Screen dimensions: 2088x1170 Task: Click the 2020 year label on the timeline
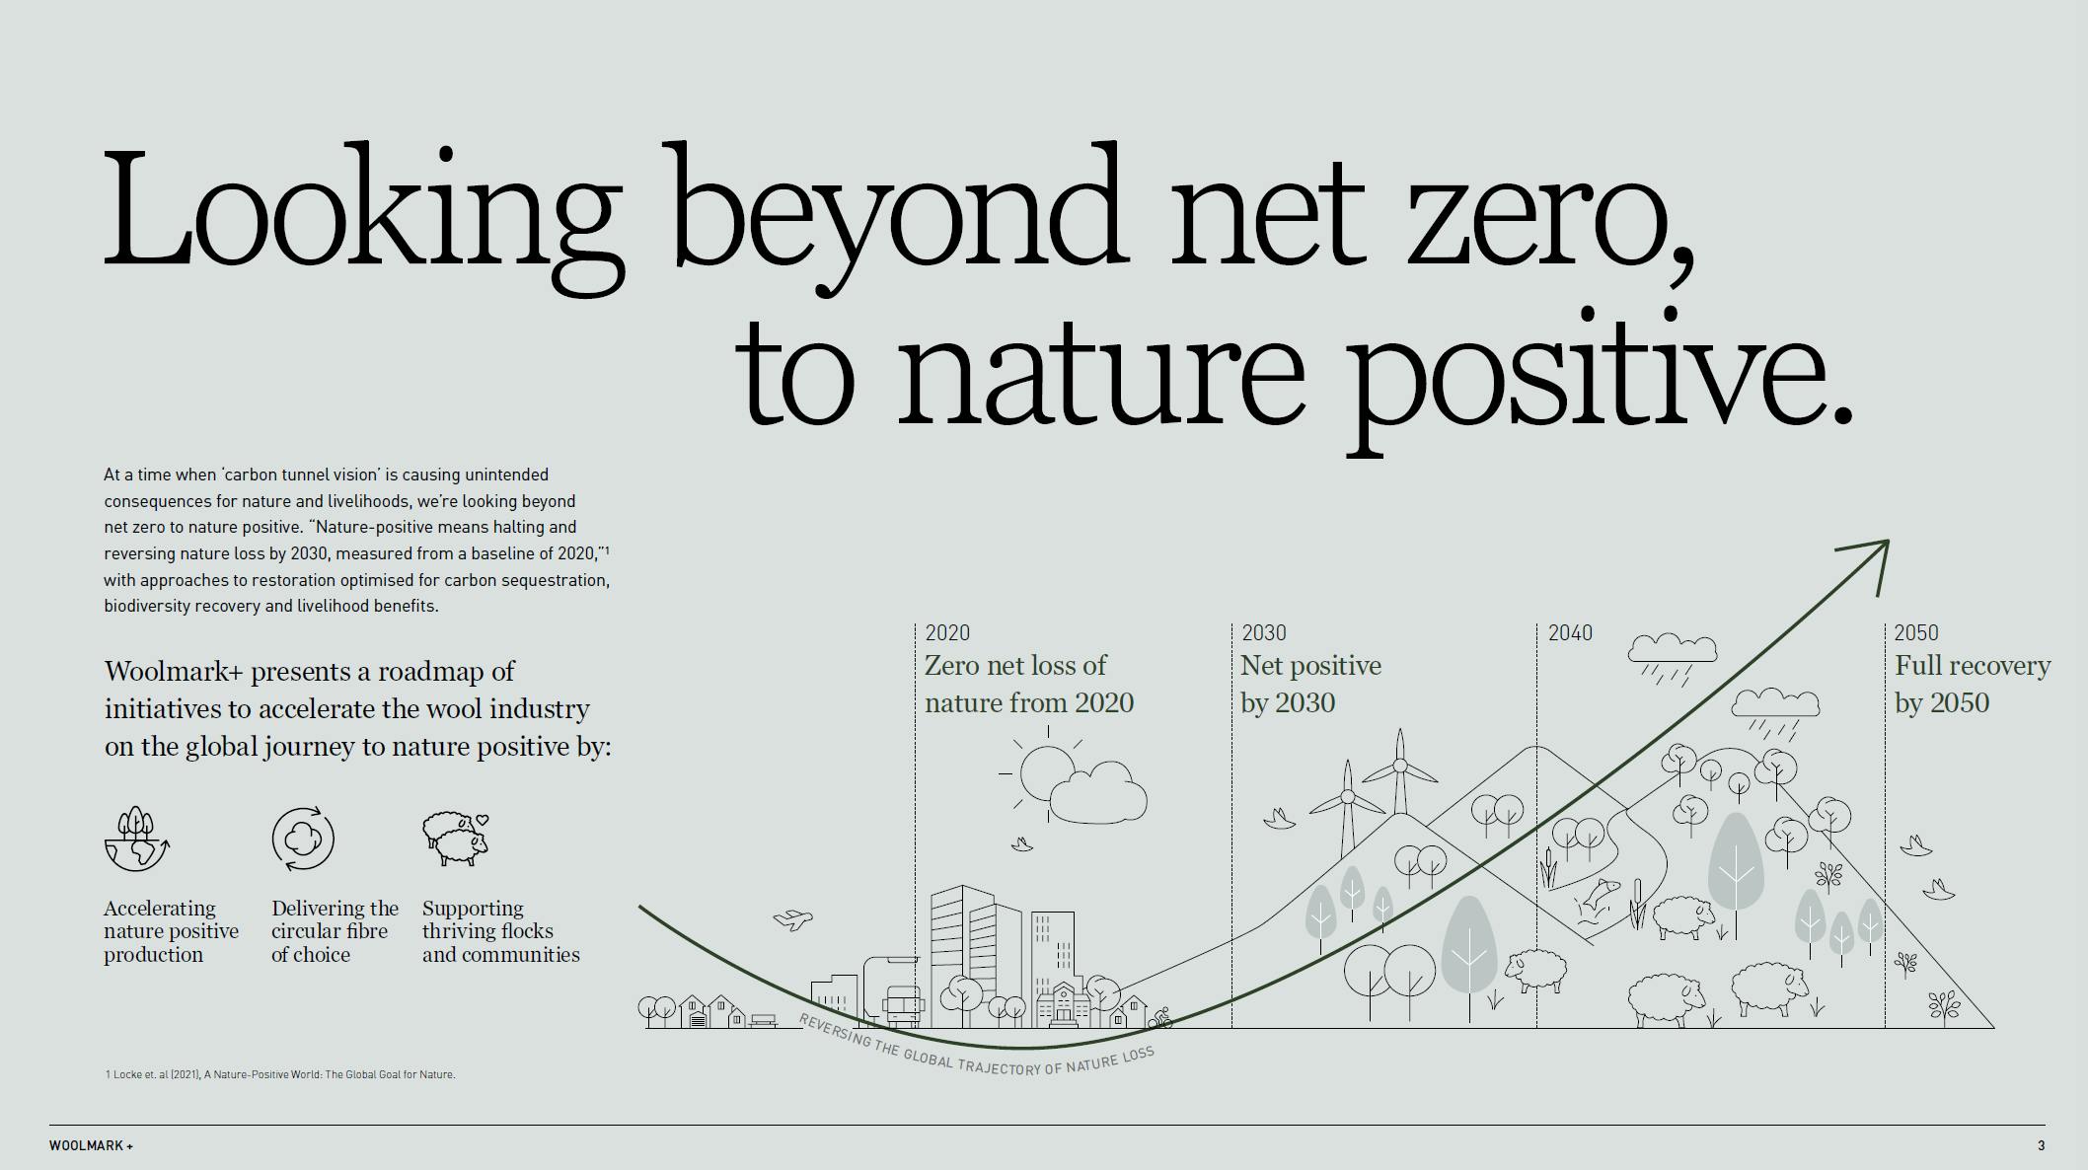[x=947, y=632]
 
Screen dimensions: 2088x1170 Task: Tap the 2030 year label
[x=1264, y=632]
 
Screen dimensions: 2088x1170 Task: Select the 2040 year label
[x=1570, y=632]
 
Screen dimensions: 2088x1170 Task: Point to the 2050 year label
[x=1916, y=632]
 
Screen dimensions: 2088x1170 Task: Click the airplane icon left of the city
[x=792, y=920]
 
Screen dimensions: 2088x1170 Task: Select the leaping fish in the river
[x=1599, y=895]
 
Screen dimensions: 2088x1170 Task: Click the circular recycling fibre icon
[x=303, y=839]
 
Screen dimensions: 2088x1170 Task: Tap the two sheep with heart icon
[x=455, y=839]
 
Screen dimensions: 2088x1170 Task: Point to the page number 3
[x=2042, y=1145]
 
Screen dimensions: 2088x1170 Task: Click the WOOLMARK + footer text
[x=91, y=1145]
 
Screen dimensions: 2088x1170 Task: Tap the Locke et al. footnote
[x=280, y=1074]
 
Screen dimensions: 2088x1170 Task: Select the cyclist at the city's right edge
[x=1161, y=1018]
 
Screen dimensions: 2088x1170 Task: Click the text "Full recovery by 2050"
[x=1972, y=684]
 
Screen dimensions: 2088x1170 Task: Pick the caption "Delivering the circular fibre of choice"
[x=335, y=931]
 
